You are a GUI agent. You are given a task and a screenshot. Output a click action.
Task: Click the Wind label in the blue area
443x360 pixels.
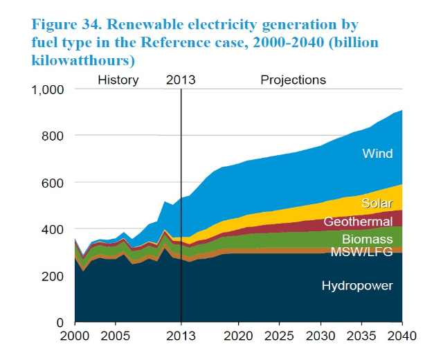point(377,153)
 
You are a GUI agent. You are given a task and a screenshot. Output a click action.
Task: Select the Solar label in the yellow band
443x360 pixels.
point(377,203)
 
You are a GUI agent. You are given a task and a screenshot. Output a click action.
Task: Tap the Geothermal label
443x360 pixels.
point(358,222)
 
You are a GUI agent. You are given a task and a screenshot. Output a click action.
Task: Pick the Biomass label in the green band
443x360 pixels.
point(368,240)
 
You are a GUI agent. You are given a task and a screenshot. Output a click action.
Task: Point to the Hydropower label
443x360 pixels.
point(357,285)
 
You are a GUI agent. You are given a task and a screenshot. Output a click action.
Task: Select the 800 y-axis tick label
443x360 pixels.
point(54,136)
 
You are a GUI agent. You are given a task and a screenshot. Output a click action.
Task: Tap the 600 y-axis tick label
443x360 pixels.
point(54,183)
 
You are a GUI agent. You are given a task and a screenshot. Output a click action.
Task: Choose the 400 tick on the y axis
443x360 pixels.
point(54,229)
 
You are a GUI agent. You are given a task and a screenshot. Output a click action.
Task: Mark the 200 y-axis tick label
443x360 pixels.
point(54,276)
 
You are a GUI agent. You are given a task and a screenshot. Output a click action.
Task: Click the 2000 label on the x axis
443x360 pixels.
point(74,336)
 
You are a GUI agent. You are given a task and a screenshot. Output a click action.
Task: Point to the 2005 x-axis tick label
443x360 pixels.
point(115,336)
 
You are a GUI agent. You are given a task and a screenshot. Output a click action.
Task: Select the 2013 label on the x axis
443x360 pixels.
point(181,336)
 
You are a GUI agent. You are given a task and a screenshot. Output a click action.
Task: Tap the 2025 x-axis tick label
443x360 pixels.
point(280,336)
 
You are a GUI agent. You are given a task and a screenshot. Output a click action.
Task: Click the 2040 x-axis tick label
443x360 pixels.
point(401,336)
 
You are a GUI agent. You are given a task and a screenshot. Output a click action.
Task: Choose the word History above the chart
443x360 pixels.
point(118,80)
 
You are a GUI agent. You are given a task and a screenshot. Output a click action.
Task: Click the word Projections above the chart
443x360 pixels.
point(293,80)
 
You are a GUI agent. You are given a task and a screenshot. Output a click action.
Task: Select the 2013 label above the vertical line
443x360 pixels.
point(181,80)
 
